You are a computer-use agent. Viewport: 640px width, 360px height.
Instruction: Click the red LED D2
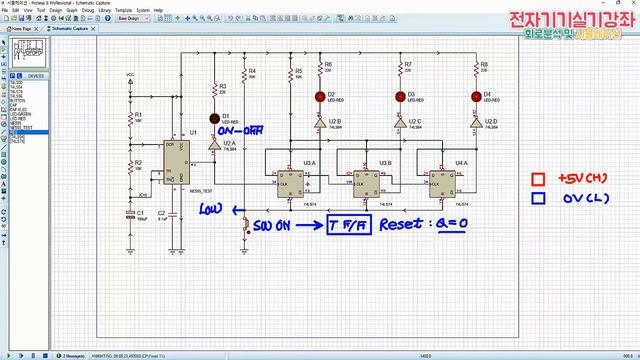pos(319,96)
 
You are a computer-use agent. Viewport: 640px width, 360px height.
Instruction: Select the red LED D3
pos(398,96)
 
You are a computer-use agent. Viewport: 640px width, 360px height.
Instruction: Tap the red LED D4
pos(475,96)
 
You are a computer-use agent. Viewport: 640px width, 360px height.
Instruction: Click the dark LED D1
pos(213,118)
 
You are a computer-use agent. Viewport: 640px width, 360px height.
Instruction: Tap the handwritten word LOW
pos(210,208)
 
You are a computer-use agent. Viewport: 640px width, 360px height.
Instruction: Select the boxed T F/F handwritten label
pos(348,226)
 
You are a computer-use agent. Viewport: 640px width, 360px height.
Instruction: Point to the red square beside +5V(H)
pos(538,179)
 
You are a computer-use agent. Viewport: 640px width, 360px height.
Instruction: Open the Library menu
pos(104,11)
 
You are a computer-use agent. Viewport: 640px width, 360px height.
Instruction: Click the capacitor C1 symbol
pos(130,213)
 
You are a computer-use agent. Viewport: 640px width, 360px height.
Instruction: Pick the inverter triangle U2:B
pos(319,124)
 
